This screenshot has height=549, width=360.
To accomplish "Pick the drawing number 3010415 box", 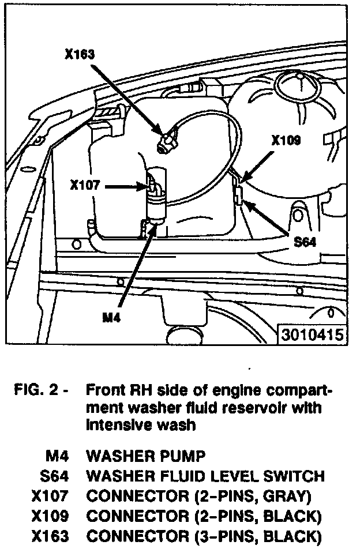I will [312, 335].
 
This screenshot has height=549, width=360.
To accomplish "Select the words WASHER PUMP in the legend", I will [145, 457].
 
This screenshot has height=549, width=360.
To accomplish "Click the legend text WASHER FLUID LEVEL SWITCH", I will [205, 476].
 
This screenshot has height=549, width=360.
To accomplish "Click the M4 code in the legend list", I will [57, 457].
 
